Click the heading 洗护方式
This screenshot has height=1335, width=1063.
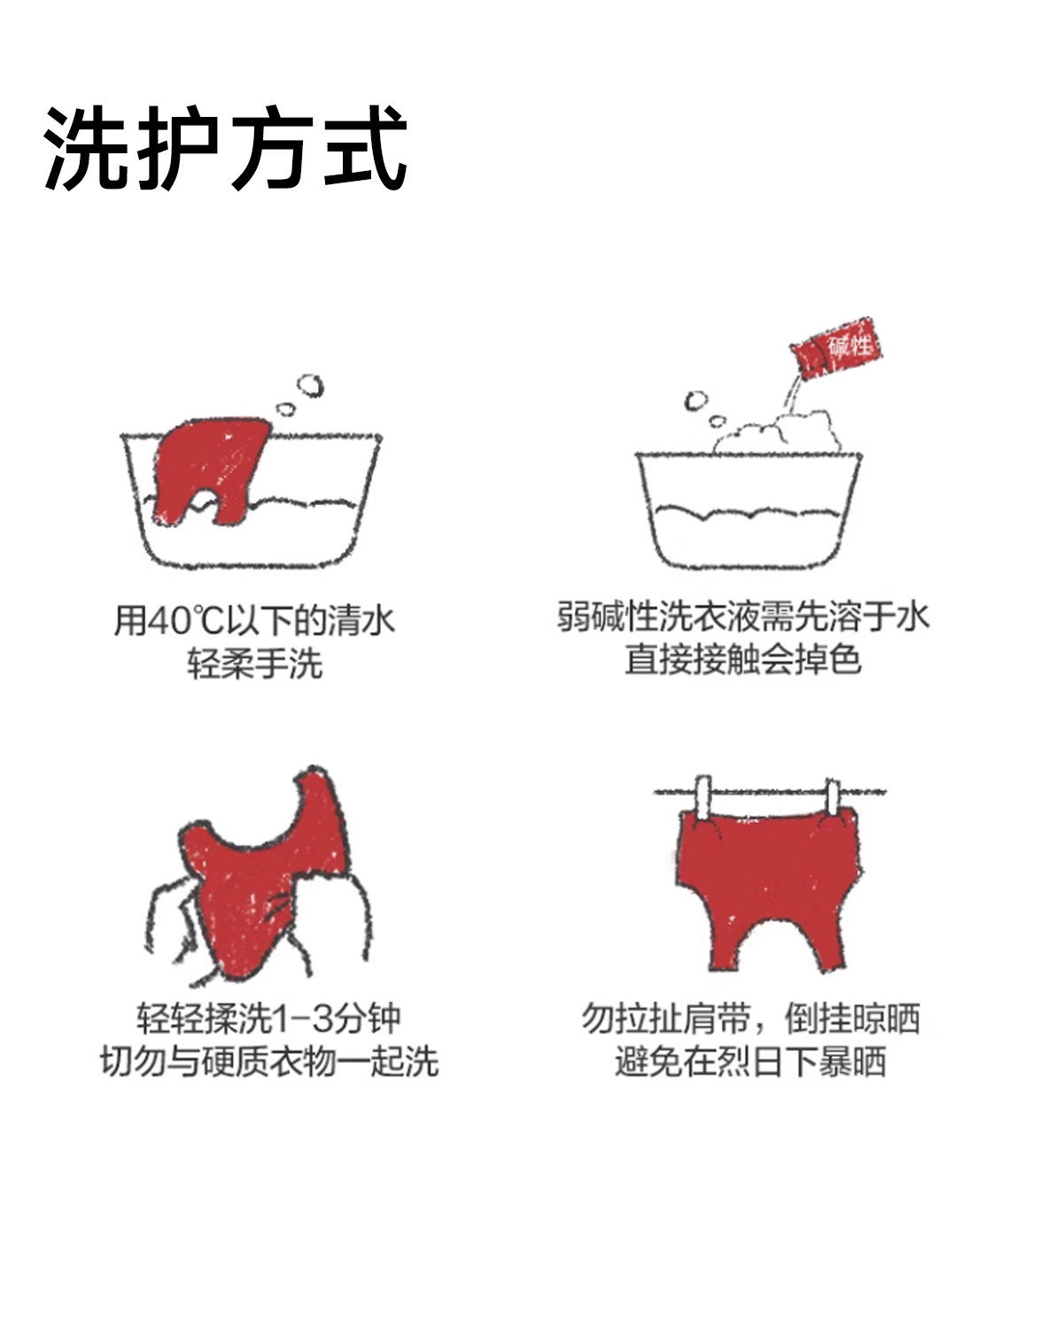click(226, 148)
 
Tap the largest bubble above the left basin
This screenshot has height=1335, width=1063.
click(310, 386)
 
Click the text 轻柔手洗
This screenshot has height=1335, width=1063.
click(254, 663)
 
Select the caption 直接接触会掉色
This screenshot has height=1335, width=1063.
click(742, 659)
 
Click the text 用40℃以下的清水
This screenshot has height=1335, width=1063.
click(254, 619)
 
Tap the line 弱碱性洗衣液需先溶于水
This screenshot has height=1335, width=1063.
click(742, 616)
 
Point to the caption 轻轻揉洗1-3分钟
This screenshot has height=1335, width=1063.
click(269, 1019)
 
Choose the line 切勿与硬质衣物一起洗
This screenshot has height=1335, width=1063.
click(269, 1061)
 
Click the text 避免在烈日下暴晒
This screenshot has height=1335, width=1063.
click(750, 1061)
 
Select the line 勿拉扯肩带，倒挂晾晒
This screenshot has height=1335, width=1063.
click(750, 1019)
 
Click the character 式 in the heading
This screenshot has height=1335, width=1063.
click(365, 148)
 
